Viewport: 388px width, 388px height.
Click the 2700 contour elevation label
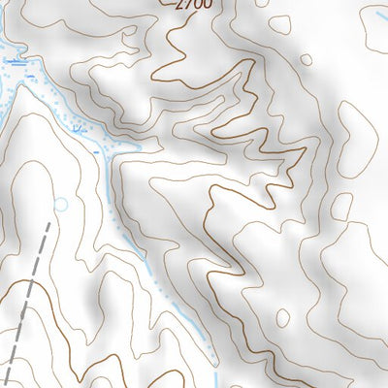193,4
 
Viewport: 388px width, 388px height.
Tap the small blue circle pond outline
63,204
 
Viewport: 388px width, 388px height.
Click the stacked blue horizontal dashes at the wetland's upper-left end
12,60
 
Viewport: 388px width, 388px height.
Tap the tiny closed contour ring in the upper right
305,58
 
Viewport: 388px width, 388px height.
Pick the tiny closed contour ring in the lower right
281,317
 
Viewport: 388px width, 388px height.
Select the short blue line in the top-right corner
374,17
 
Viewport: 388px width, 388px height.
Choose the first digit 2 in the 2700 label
181,4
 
